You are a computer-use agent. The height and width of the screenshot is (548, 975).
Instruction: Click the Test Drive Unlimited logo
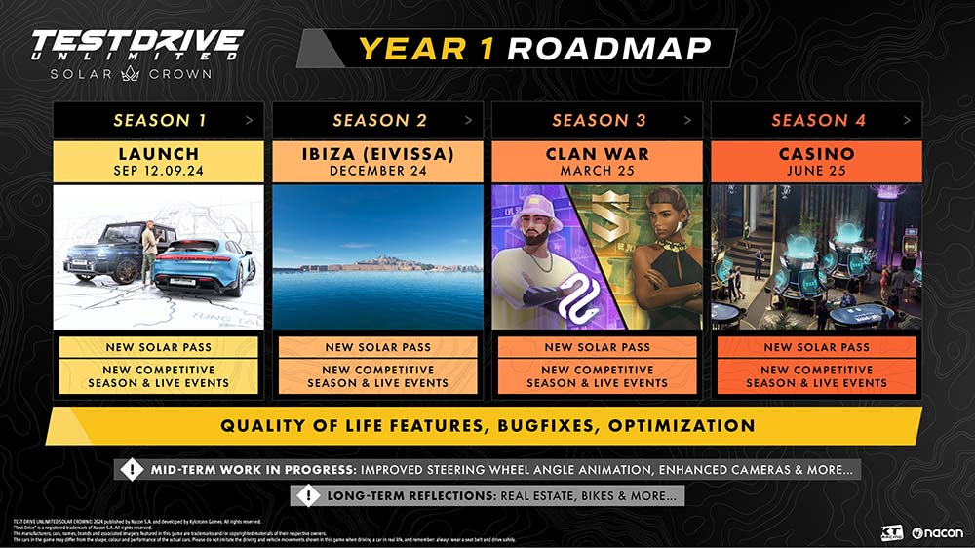(x=136, y=53)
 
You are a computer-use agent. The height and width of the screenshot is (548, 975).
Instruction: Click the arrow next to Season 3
(x=688, y=120)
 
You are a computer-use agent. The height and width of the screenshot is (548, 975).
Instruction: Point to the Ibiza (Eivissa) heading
(x=377, y=154)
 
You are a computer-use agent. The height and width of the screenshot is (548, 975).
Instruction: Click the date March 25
(x=597, y=170)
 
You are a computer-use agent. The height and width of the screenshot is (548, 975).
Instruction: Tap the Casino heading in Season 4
(x=816, y=154)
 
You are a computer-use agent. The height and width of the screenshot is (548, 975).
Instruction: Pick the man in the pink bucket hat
(x=533, y=258)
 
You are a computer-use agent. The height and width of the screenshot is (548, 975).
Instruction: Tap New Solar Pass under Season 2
(x=377, y=347)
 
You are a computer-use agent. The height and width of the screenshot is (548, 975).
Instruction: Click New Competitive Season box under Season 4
(x=816, y=376)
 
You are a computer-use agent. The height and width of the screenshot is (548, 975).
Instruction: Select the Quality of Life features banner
(x=487, y=426)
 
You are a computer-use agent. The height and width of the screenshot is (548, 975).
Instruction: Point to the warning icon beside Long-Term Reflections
(x=308, y=496)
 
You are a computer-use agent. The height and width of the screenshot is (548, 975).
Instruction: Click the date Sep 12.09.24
(x=158, y=170)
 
